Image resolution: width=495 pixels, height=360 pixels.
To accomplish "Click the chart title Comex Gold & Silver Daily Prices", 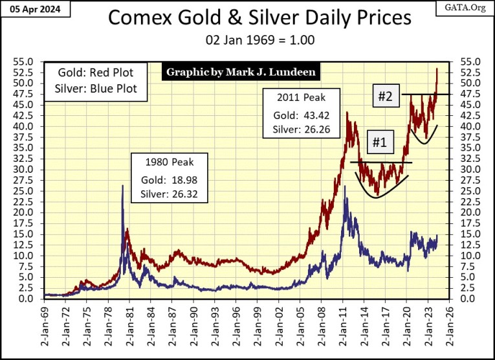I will (259, 17).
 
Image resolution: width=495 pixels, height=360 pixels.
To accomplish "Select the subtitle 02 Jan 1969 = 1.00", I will (259, 40).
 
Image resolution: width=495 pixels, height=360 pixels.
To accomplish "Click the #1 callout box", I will (379, 141).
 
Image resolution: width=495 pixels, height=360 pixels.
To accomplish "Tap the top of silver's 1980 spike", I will (122, 185).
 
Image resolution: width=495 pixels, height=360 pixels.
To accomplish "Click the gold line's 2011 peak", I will (347, 113).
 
